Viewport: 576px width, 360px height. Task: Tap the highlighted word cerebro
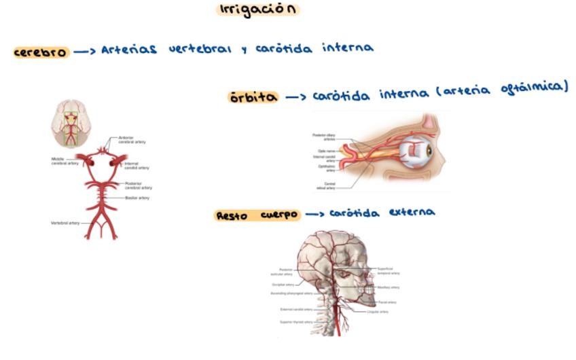coord(41,52)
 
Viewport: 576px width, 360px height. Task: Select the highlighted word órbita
coord(253,97)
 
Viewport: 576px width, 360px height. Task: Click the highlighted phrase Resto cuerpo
coord(257,215)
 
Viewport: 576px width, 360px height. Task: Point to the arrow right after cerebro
coord(84,52)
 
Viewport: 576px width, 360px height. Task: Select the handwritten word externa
coord(411,212)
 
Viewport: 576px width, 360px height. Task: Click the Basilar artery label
coord(137,198)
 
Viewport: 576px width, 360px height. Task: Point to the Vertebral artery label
coord(65,223)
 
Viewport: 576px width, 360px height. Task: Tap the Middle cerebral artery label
coord(65,161)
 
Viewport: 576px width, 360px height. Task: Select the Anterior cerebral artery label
coord(131,140)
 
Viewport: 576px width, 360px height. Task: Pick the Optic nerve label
coord(327,151)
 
